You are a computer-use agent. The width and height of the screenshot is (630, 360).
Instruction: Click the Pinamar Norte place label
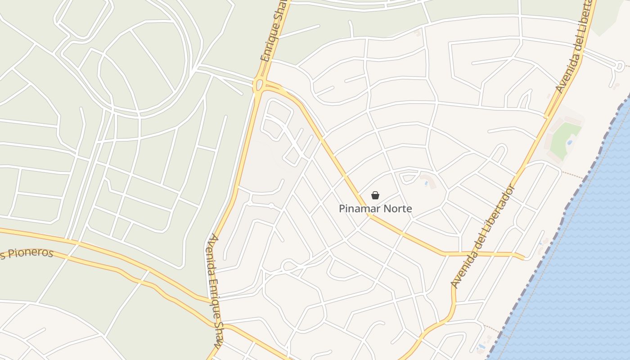375,209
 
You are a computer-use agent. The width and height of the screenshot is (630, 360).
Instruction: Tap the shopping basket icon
375,195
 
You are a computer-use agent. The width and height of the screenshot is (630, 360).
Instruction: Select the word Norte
392,209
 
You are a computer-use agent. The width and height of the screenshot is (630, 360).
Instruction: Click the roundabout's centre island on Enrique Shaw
258,85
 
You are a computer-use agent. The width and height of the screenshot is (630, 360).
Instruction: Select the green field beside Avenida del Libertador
565,138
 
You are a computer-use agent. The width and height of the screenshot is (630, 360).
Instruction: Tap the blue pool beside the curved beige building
426,183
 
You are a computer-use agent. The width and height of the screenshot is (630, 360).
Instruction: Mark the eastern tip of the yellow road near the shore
523,257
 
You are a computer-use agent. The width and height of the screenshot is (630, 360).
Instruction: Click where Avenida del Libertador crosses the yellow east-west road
471,254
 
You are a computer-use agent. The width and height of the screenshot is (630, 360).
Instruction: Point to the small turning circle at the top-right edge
620,67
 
